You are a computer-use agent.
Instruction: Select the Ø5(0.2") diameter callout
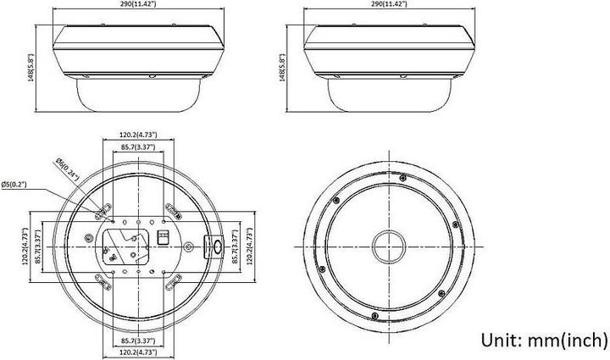[16, 183]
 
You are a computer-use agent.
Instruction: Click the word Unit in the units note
[502, 339]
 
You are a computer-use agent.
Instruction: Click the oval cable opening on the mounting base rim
[214, 246]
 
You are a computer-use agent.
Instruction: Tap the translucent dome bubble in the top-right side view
[389, 95]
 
